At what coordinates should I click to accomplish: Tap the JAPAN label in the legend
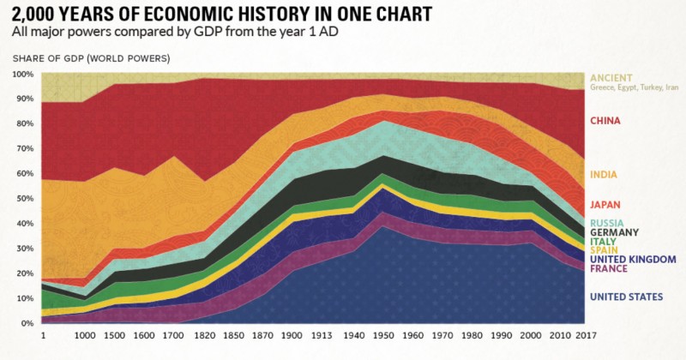[x=605, y=205]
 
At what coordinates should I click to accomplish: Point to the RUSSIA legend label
[x=605, y=223]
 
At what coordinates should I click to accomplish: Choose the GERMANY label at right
[x=613, y=232]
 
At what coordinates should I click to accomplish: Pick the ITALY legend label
[x=602, y=243]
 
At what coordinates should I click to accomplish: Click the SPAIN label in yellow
[x=603, y=252]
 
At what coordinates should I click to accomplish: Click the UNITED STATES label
[x=626, y=297]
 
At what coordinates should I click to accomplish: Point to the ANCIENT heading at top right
[x=611, y=76]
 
